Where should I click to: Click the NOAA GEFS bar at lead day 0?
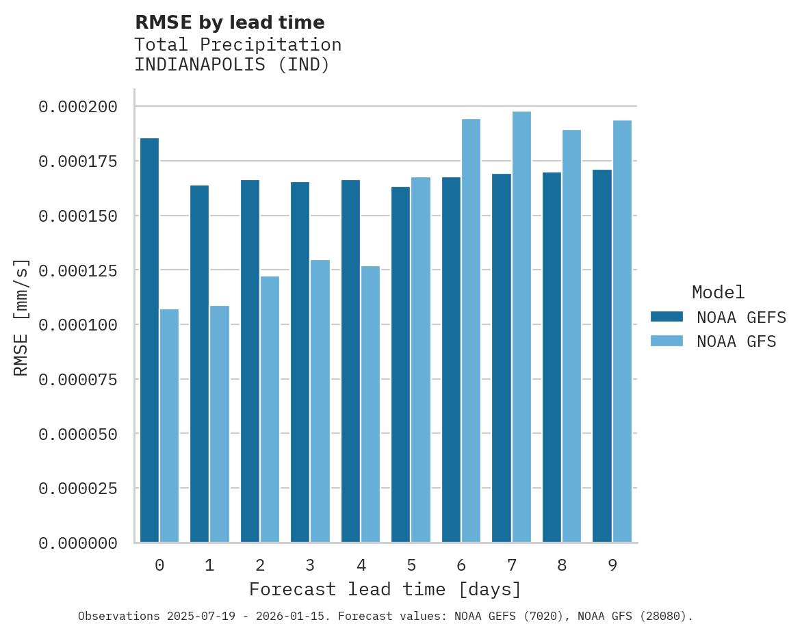149,340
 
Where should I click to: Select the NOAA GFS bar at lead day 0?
170,426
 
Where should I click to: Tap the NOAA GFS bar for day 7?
521,327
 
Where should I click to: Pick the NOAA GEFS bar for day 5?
401,364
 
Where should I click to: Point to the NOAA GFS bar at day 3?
320,401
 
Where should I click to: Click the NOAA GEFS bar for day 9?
602,356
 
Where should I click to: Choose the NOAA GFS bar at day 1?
220,424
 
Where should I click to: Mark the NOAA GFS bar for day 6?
471,331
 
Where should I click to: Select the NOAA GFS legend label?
736,341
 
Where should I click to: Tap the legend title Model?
718,293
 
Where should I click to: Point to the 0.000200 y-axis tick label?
78,107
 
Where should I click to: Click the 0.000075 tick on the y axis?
78,379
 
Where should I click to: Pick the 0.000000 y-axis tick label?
78,543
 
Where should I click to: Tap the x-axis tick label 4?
361,565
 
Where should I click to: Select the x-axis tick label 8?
562,565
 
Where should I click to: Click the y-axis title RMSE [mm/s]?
21,317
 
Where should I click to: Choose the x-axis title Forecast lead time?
385,589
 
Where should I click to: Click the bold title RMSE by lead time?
229,23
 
